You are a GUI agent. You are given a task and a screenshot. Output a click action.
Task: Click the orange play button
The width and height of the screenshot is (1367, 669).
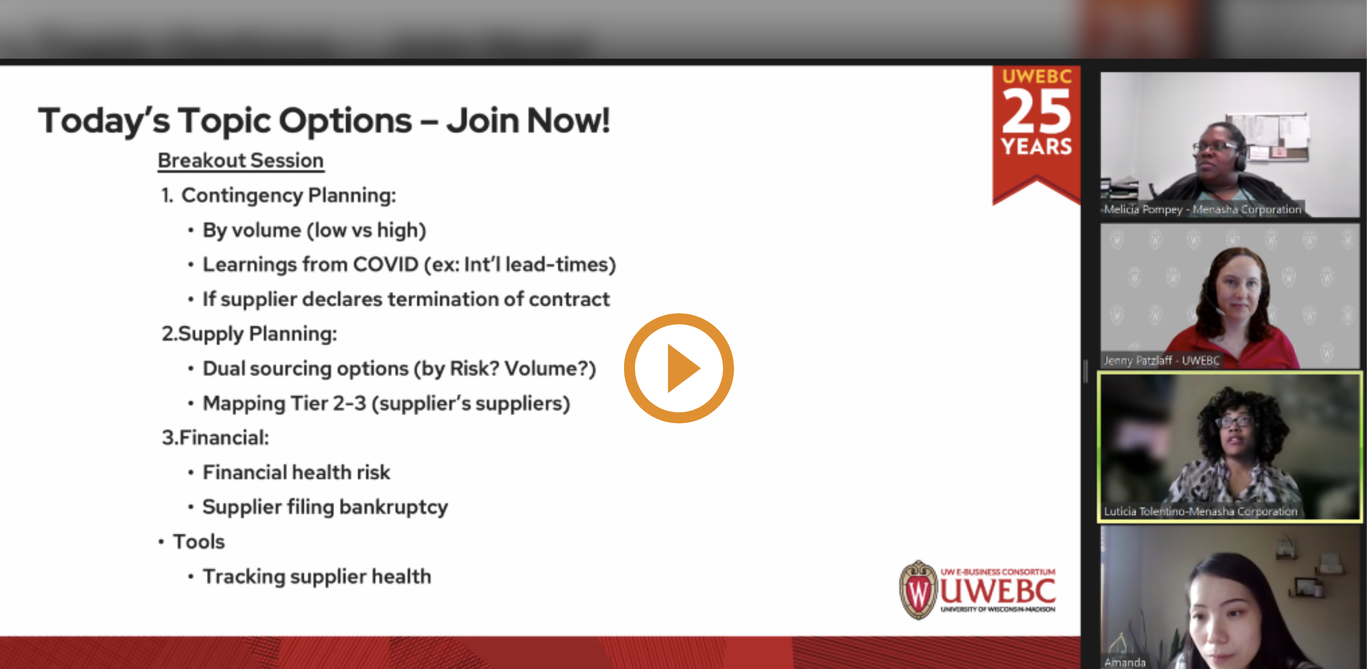(679, 368)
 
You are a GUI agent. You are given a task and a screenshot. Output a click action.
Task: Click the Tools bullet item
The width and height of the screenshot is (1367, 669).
(198, 541)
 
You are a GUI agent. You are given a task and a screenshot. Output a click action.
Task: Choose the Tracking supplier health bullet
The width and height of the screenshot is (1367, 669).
(316, 576)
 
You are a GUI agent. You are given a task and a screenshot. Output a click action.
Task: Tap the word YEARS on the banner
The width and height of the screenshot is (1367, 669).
(1036, 146)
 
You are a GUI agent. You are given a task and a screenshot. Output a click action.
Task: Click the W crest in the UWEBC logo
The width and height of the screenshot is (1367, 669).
(918, 590)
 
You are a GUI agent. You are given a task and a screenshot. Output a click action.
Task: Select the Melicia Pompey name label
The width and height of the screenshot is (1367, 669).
(1202, 209)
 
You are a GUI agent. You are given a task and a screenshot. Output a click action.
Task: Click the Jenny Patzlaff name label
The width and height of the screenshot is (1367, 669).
(1161, 361)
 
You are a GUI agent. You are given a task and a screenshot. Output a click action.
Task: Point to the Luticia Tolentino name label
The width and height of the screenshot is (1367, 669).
(1200, 511)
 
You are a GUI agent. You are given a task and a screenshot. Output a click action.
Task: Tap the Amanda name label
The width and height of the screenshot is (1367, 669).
(1124, 662)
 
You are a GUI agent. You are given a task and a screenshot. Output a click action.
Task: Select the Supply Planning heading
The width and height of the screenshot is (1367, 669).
(249, 334)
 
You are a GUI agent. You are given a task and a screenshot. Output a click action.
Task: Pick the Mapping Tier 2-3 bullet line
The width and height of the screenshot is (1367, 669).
(386, 403)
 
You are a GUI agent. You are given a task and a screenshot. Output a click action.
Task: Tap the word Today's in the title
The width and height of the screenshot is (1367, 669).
(104, 121)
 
